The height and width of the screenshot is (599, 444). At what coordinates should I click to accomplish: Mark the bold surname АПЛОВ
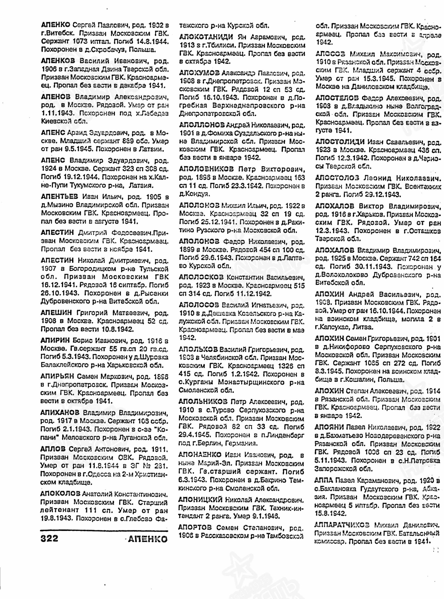[x=53, y=449]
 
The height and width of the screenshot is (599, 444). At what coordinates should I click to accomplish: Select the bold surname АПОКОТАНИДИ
[x=207, y=37]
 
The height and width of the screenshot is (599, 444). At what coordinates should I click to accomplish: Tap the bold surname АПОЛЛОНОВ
[x=202, y=125]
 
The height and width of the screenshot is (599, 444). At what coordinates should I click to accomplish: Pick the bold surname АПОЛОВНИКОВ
[x=206, y=169]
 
